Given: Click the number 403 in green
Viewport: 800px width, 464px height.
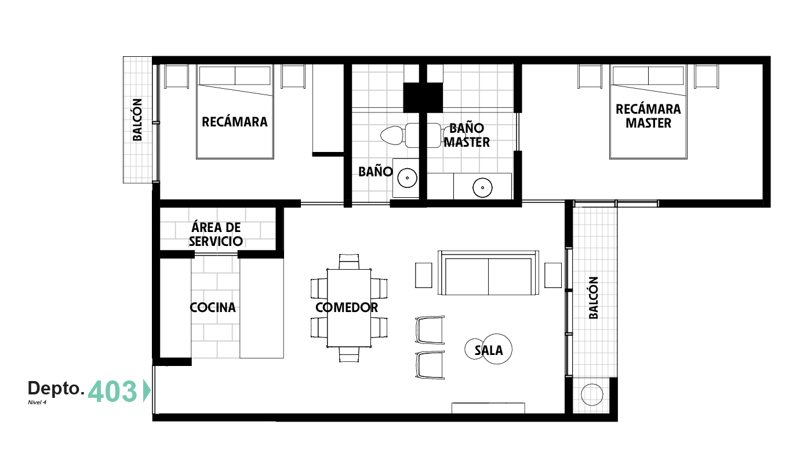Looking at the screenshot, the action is tap(112, 391).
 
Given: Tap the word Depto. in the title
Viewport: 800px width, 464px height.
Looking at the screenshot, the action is tap(56, 388).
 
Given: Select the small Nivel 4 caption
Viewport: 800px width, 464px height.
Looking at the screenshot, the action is tap(37, 403).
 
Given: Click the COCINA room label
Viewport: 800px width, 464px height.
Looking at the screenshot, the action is tap(213, 307).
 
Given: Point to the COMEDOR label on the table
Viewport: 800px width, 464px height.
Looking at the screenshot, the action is tap(347, 307).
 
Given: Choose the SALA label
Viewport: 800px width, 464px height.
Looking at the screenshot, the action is tap(489, 350).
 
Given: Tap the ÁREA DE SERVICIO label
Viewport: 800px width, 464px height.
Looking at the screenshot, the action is tap(216, 234).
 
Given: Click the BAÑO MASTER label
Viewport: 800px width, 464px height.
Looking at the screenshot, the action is tap(467, 135).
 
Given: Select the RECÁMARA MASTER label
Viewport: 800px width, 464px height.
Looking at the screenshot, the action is tap(648, 116).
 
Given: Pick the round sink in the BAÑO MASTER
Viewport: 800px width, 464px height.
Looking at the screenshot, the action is tap(482, 187).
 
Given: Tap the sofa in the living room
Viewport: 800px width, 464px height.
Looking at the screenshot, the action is tap(488, 273).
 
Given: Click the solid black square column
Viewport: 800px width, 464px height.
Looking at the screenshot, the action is tap(423, 97).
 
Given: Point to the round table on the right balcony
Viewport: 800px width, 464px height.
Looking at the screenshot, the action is tap(592, 395).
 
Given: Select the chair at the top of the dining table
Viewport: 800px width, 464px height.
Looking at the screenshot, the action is tap(349, 262).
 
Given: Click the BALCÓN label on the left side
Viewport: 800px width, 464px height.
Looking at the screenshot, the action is tap(137, 119).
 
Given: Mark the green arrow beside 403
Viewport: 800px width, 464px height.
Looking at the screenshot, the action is tap(147, 391).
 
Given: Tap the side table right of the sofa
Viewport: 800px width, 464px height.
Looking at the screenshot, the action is tap(553, 275).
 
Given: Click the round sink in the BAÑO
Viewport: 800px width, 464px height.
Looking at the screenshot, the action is tap(407, 177).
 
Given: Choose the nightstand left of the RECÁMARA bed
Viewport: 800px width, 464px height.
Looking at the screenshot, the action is tap(176, 76).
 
